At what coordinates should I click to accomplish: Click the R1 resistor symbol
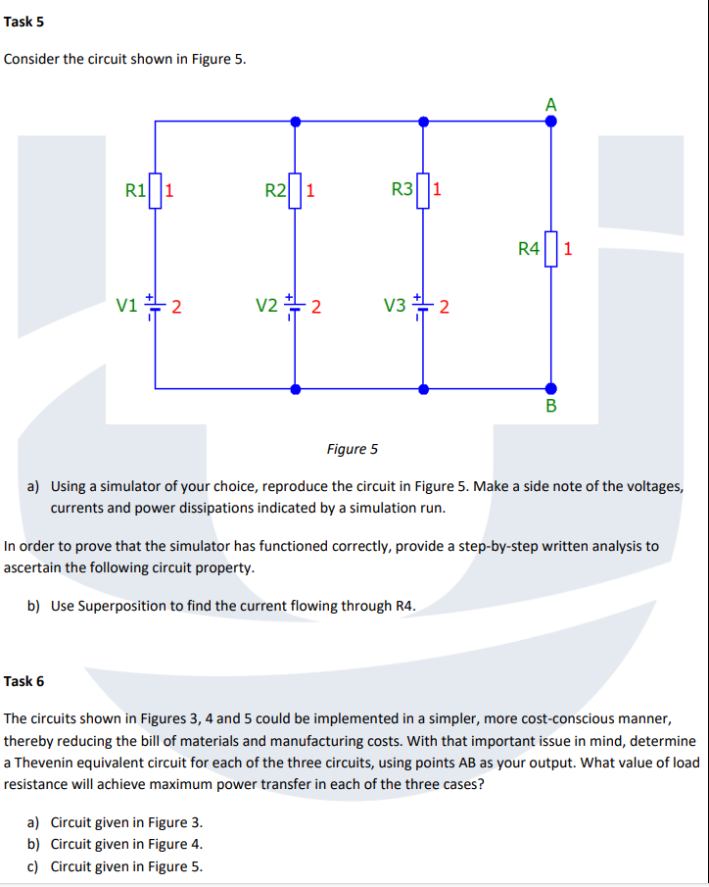pyautogui.click(x=156, y=190)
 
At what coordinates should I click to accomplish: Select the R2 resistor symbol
pyautogui.click(x=295, y=190)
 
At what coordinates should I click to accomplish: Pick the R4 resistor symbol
pyautogui.click(x=550, y=248)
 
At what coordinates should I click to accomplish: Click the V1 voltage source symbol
pyautogui.click(x=156, y=306)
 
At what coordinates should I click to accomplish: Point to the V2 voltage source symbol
pyautogui.click(x=295, y=306)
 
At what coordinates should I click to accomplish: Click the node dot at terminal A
pyautogui.click(x=550, y=122)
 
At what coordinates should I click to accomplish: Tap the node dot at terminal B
pyautogui.click(x=550, y=388)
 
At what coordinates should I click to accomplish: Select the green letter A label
pyautogui.click(x=551, y=105)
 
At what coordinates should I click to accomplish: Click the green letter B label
pyautogui.click(x=550, y=407)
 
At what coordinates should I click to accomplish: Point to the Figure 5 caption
pyautogui.click(x=352, y=449)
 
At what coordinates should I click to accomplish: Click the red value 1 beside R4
pyautogui.click(x=569, y=248)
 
